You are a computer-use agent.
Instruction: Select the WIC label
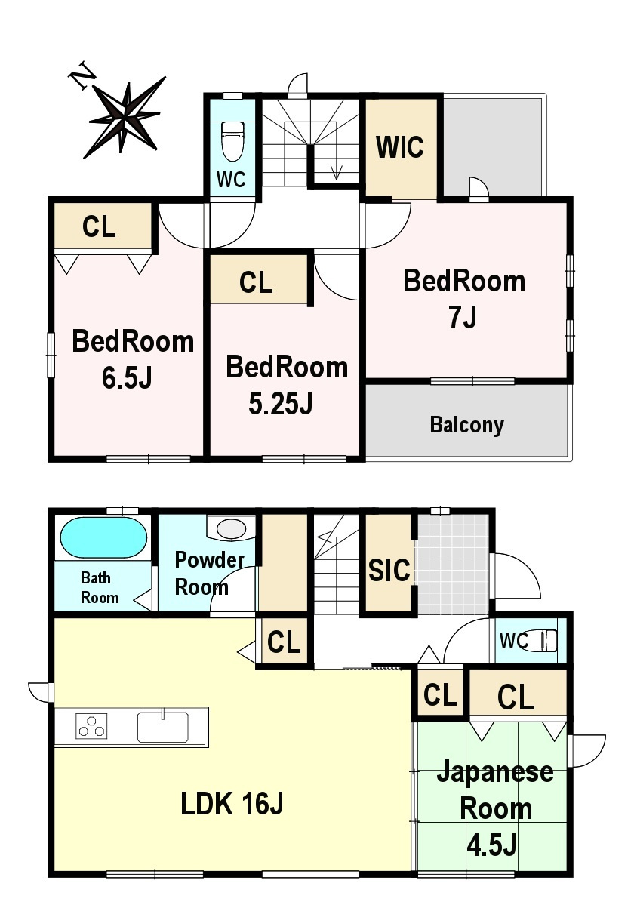pos(400,146)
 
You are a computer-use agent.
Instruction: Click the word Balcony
pos(467,425)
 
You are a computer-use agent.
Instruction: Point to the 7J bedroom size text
pos(463,318)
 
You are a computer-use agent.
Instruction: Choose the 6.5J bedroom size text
pos(127,378)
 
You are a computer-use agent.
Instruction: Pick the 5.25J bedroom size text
pos(281,403)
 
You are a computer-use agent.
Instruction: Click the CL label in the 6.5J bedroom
pos(99,226)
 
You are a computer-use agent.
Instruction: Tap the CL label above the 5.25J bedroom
pos(256,282)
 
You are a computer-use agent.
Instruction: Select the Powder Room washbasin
pos(231,528)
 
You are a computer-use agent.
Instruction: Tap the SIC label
pos(389,570)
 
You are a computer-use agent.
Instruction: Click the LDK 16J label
pos(232,805)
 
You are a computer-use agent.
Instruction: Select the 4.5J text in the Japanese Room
pos(491,845)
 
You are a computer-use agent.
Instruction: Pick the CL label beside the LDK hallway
pos(284,642)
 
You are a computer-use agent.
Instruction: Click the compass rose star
pos(125,117)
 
